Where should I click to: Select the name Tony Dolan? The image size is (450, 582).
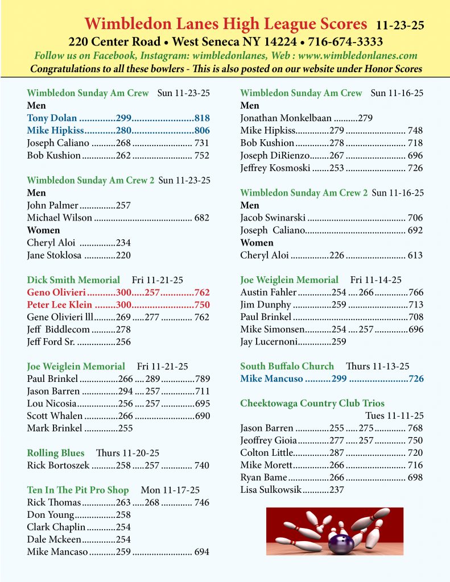coord(52,118)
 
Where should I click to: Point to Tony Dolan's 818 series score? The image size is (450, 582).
coord(202,118)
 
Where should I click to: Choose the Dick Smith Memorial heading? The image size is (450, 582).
coord(73,280)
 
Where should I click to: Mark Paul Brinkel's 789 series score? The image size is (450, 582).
coord(202,379)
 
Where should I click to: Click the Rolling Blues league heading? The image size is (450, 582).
coord(55,453)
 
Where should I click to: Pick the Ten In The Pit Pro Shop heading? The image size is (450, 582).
coord(78,490)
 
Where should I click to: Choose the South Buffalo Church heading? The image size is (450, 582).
coord(287,366)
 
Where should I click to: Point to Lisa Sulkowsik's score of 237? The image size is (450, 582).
coord(336,489)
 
